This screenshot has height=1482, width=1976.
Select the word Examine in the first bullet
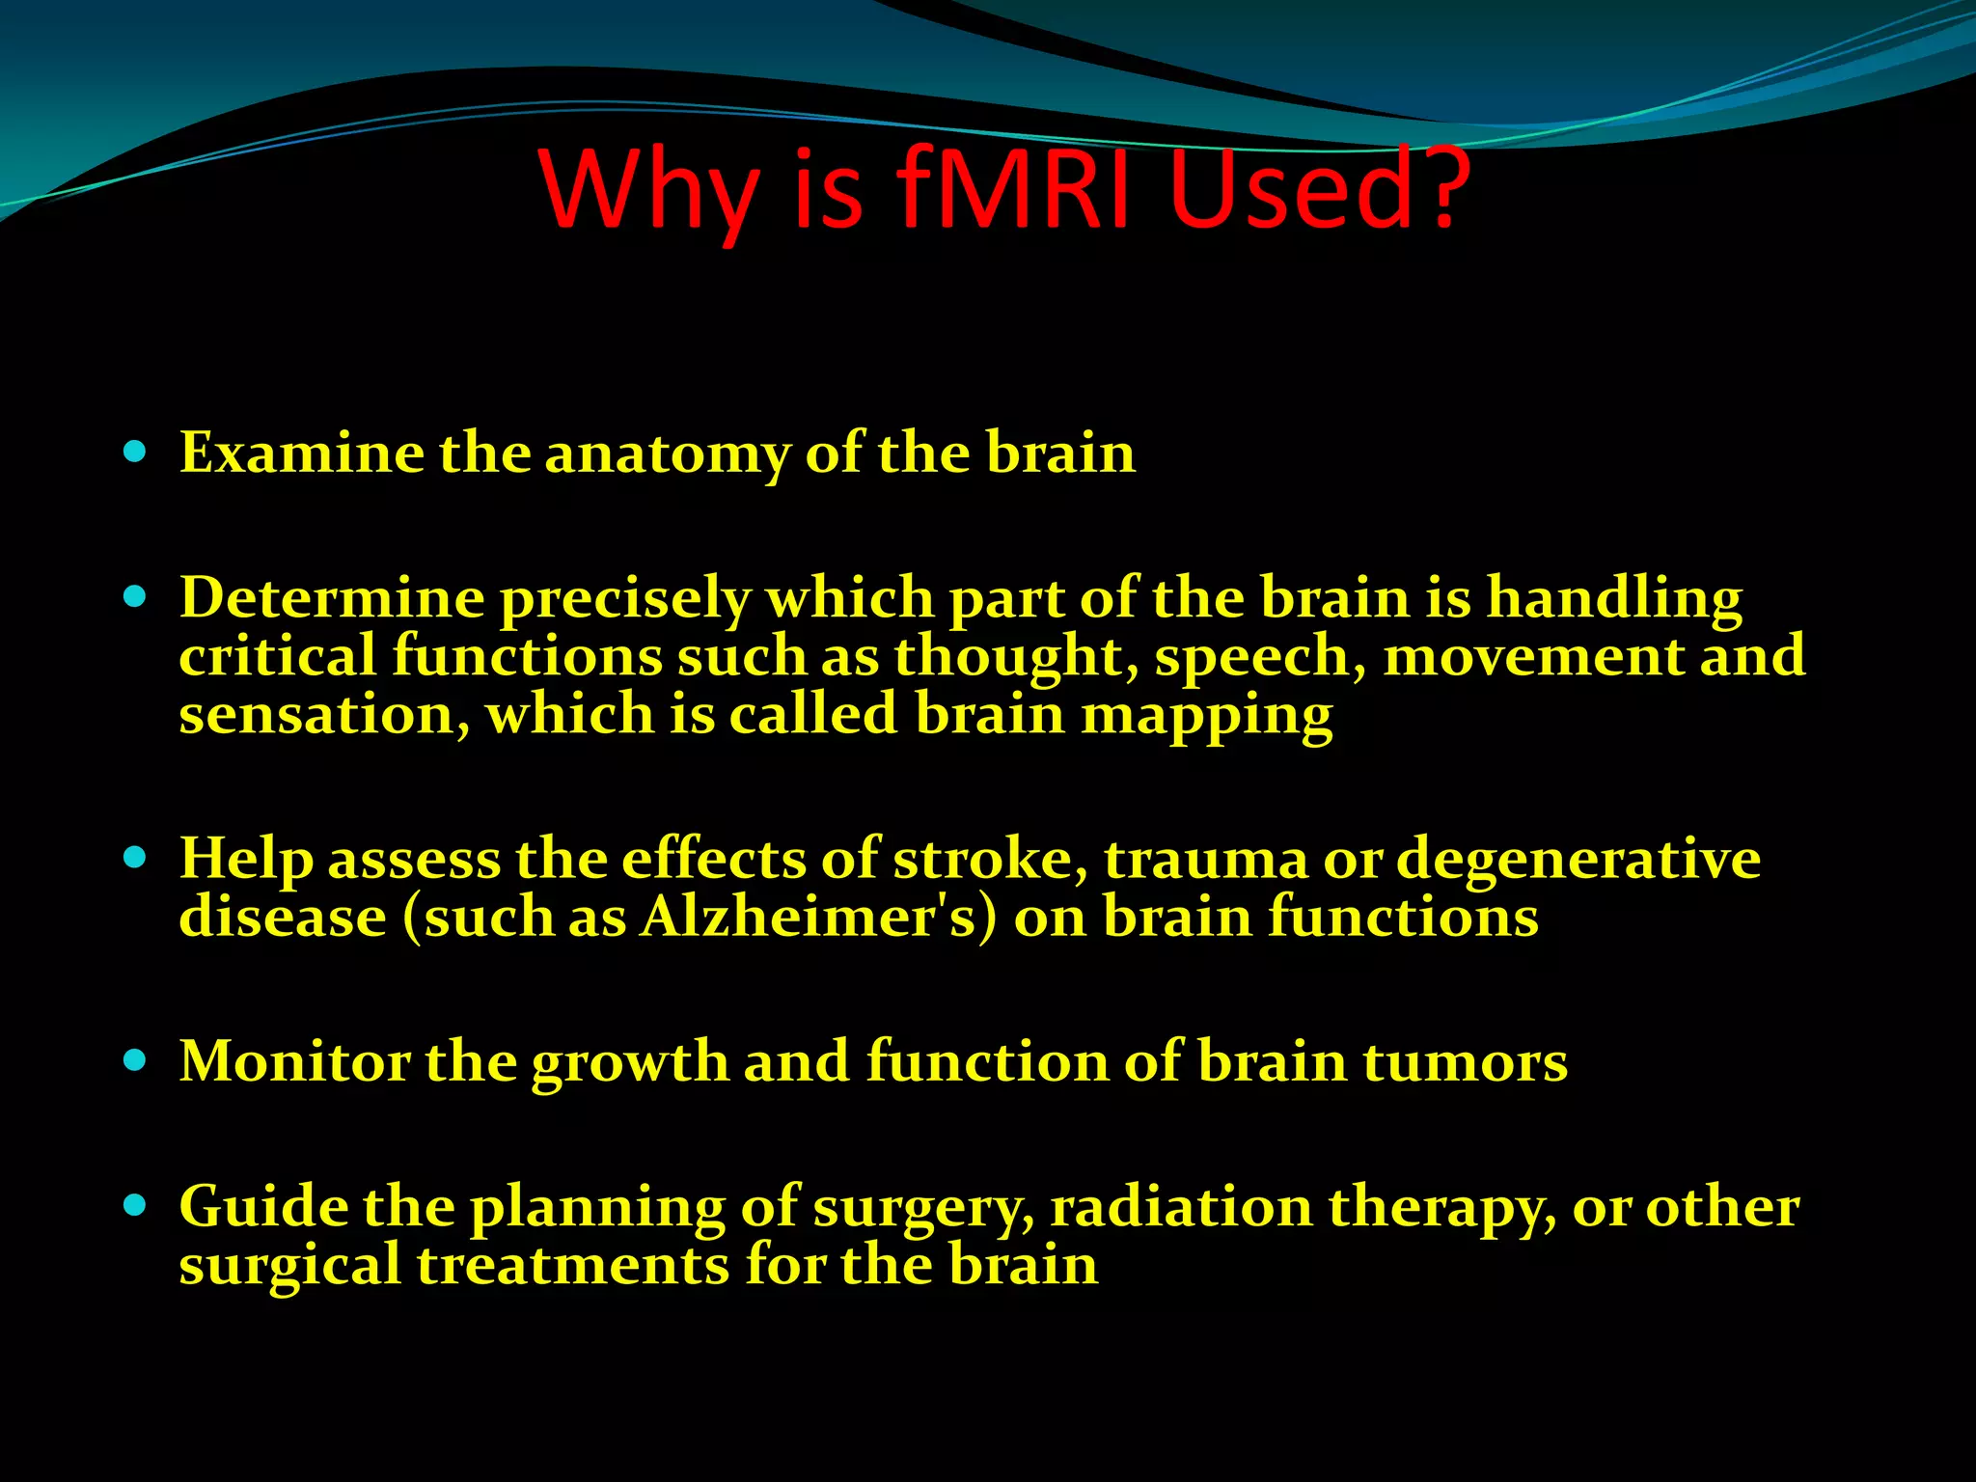pyautogui.click(x=302, y=453)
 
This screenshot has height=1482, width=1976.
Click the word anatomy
pyautogui.click(x=668, y=454)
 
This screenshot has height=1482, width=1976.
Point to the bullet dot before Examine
pyautogui.click(x=135, y=452)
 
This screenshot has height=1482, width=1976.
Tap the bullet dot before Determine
pyautogui.click(x=135, y=597)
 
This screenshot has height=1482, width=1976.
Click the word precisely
pyautogui.click(x=624, y=599)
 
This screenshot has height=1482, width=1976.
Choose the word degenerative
pyautogui.click(x=1578, y=861)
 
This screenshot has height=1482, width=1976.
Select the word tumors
pyautogui.click(x=1465, y=1062)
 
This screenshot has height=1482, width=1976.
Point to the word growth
pyautogui.click(x=630, y=1063)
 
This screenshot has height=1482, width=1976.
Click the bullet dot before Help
pyautogui.click(x=135, y=858)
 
